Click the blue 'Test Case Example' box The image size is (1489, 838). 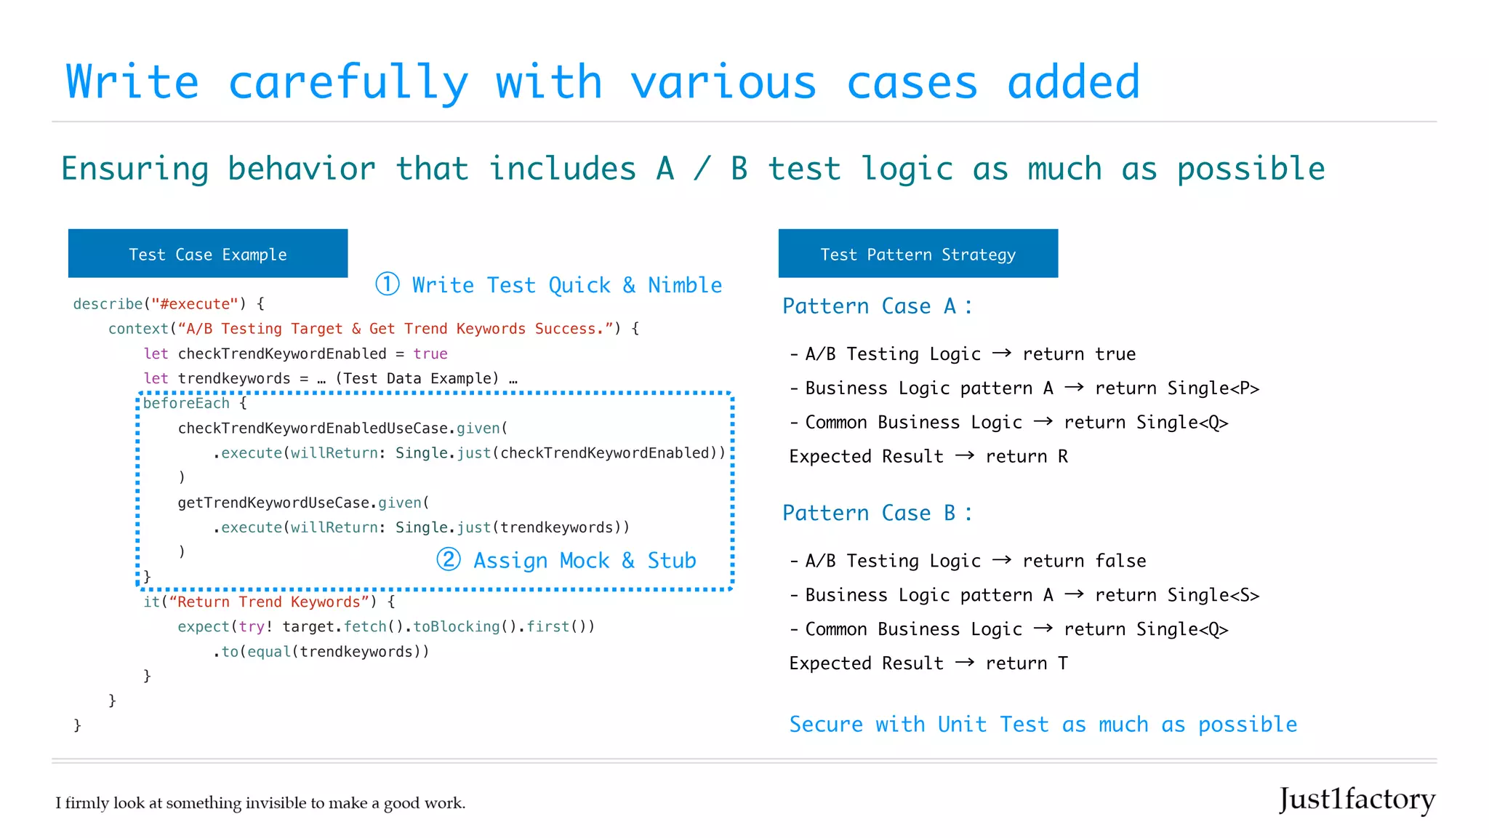[x=207, y=254]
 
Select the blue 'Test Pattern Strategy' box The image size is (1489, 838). [x=918, y=254]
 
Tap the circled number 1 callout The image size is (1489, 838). [x=388, y=284]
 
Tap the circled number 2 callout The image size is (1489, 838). [x=449, y=559]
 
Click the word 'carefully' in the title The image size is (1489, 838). [x=348, y=82]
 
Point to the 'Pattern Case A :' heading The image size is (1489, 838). [x=876, y=306]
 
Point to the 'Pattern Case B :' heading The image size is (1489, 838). [x=876, y=513]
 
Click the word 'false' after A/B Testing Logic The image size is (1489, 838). [x=1120, y=561]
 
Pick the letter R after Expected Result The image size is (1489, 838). [x=1063, y=457]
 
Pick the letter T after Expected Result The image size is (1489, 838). [x=1063, y=663]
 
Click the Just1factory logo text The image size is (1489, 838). [x=1357, y=799]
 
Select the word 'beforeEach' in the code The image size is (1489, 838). [x=186, y=403]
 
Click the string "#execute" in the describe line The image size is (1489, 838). [x=195, y=304]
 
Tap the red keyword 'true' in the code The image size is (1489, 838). [x=430, y=354]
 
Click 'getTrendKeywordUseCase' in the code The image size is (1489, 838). [x=273, y=503]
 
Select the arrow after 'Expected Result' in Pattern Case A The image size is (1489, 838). [x=965, y=456]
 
